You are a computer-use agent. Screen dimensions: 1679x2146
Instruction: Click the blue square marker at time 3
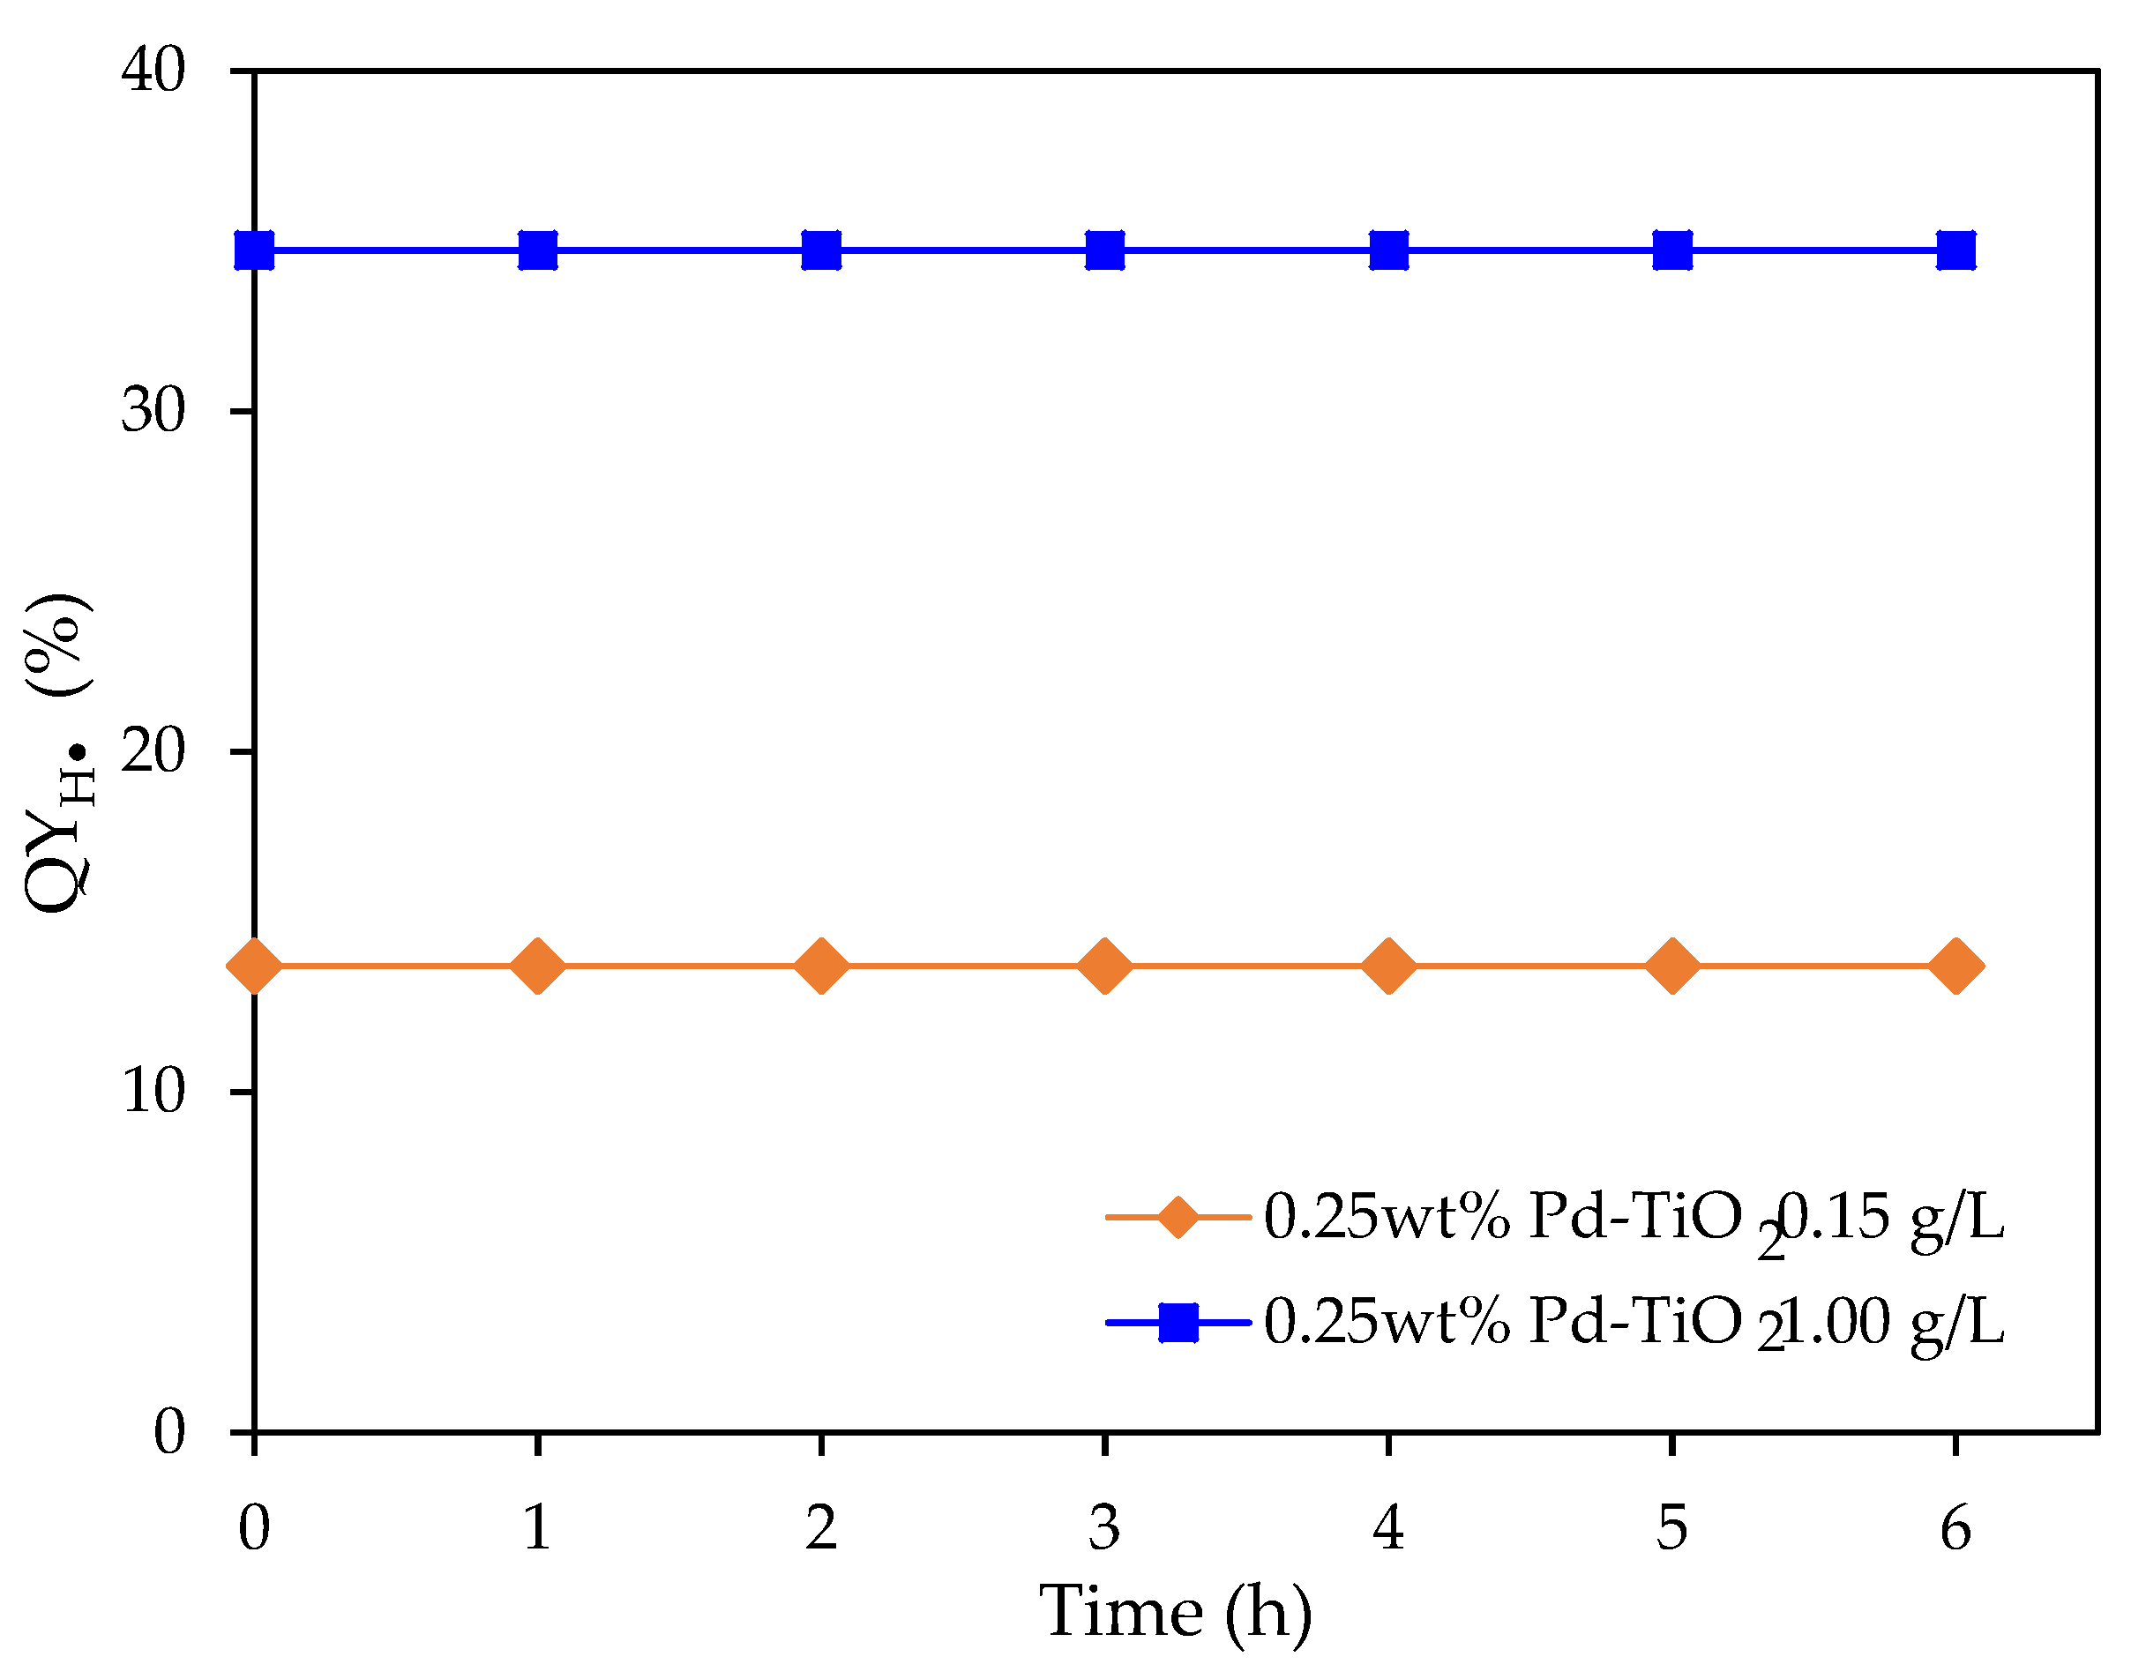click(1105, 250)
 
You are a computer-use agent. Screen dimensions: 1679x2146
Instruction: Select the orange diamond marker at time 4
click(1388, 966)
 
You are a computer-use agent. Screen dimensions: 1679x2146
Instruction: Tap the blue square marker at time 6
click(1955, 250)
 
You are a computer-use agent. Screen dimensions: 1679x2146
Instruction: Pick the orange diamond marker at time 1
click(538, 966)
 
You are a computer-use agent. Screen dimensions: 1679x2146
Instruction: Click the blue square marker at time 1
click(538, 250)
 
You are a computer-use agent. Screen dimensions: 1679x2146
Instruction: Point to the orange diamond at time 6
click(1955, 966)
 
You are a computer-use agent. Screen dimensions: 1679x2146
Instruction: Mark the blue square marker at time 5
click(1672, 250)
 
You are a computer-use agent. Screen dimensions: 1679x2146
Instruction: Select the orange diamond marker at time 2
click(821, 966)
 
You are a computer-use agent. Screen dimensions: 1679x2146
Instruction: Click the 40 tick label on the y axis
click(153, 71)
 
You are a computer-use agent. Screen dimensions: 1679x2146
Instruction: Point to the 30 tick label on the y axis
click(153, 411)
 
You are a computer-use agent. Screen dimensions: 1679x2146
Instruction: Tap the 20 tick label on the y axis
click(153, 752)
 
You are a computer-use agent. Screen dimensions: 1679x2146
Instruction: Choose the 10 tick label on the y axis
click(153, 1092)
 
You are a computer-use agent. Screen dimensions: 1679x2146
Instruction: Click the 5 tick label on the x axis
click(1672, 1528)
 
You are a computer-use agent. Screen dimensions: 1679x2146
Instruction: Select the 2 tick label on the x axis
click(821, 1528)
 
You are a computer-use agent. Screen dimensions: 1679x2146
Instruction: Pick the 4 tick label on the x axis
click(1388, 1528)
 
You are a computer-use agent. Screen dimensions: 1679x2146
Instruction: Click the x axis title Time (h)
click(1176, 1612)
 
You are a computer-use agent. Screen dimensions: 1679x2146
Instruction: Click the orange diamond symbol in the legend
click(1177, 1217)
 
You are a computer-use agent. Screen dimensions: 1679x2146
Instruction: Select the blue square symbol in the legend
click(1178, 1322)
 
